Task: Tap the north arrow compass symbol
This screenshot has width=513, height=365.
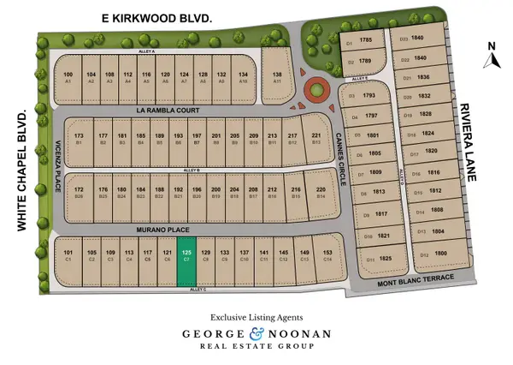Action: coord(491,57)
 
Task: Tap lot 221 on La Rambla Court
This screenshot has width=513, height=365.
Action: coord(316,139)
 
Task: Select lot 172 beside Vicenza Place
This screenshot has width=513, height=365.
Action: coord(79,191)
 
